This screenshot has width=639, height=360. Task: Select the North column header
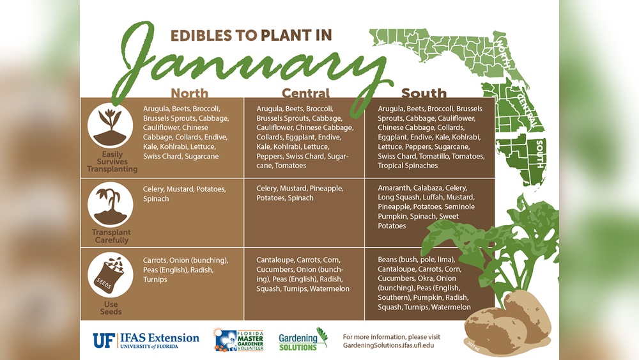coord(189,93)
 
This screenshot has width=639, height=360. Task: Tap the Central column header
coord(305,93)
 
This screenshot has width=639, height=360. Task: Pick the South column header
coord(424,93)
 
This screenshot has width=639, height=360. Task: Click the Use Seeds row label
coord(110,308)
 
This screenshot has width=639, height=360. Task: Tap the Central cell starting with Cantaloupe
coord(303,274)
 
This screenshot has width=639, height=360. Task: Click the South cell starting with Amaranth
coord(425,207)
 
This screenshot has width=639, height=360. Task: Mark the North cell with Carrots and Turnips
coord(185,270)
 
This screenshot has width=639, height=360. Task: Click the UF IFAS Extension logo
coord(146,340)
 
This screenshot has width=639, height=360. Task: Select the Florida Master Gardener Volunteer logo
coord(238,340)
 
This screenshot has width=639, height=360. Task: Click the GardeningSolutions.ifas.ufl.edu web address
coord(392,345)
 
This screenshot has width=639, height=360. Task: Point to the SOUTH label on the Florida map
coord(539,153)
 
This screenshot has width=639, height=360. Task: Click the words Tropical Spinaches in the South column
coord(408,166)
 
